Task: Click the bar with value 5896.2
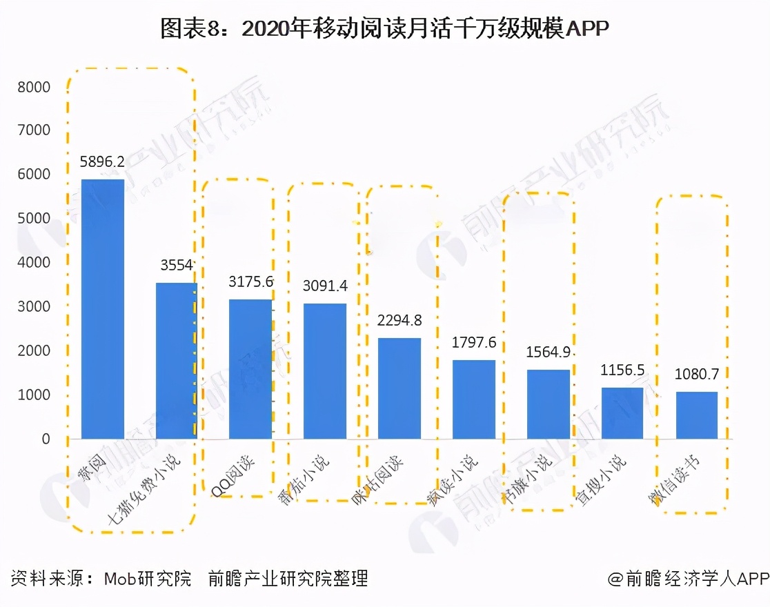click(x=103, y=309)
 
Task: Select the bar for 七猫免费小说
click(x=177, y=360)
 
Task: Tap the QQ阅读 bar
click(x=250, y=369)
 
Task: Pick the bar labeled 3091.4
click(x=325, y=371)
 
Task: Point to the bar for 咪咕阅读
click(x=399, y=388)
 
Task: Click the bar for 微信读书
click(x=697, y=415)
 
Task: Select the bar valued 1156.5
click(x=622, y=413)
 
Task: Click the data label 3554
click(x=176, y=266)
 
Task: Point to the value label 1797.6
click(x=474, y=342)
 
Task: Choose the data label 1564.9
click(x=549, y=352)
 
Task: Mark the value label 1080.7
click(x=697, y=375)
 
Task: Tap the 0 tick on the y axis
click(x=46, y=439)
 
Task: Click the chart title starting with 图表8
click(x=385, y=28)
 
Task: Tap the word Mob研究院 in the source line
click(x=147, y=578)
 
